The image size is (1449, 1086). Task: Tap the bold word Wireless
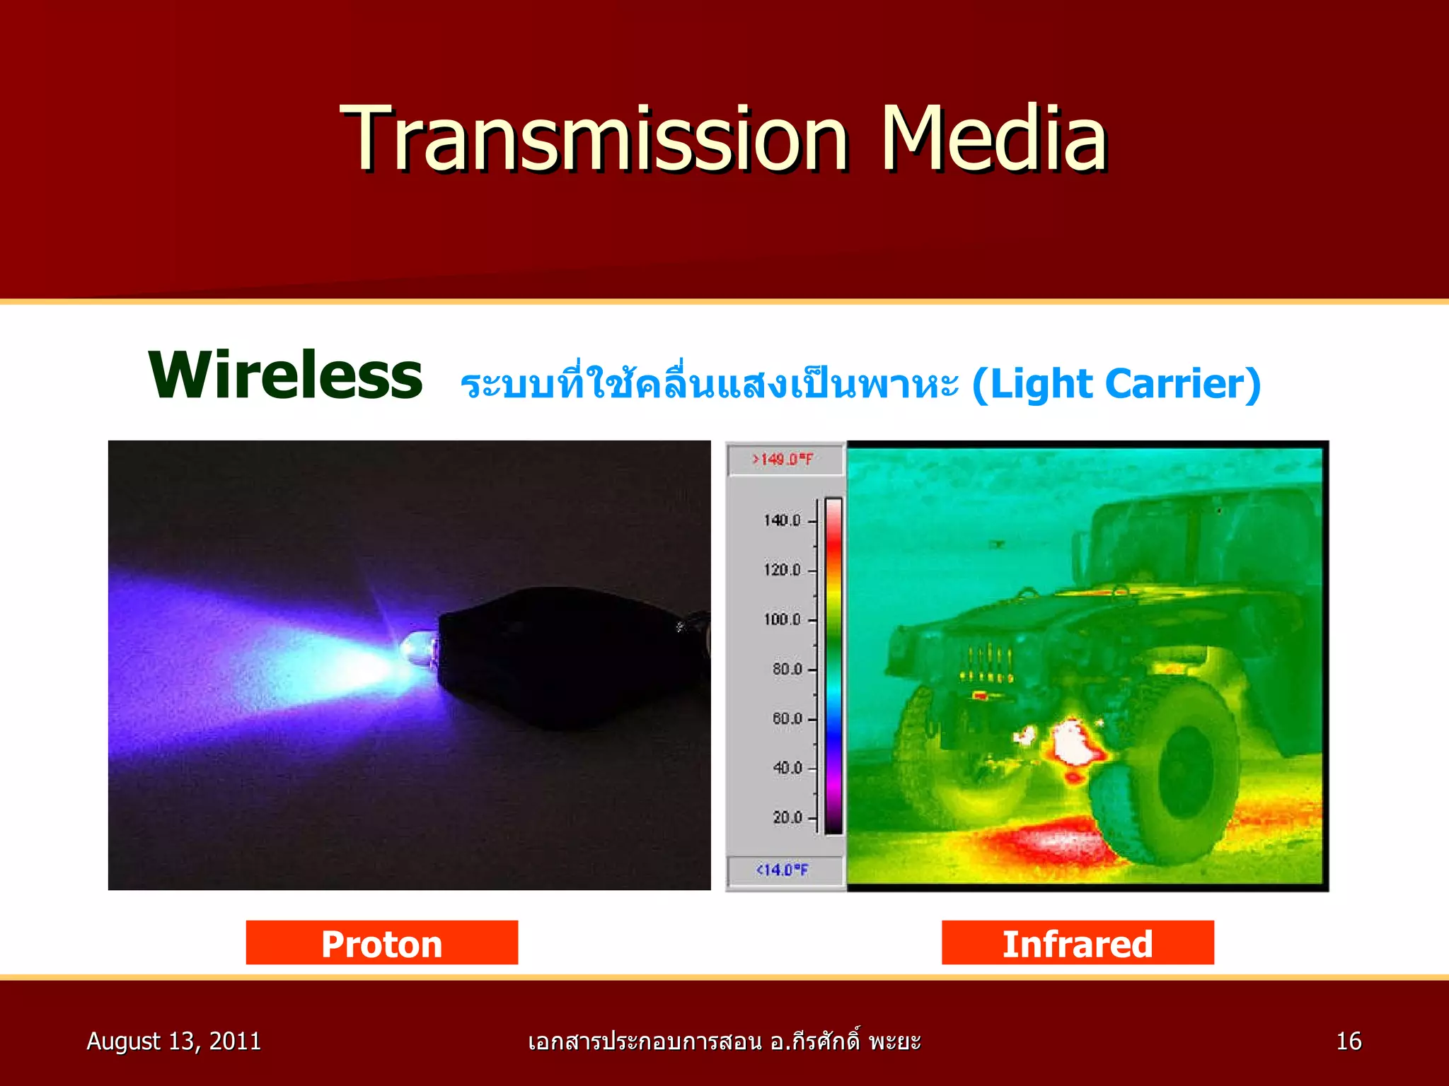pyautogui.click(x=285, y=375)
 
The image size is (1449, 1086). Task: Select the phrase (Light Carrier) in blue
pyautogui.click(x=1116, y=384)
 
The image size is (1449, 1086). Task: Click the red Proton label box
pyautogui.click(x=381, y=942)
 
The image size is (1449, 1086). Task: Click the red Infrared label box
pyautogui.click(x=1077, y=942)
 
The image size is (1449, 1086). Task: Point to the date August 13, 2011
pyautogui.click(x=173, y=1041)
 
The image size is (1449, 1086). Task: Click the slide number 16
pyautogui.click(x=1348, y=1041)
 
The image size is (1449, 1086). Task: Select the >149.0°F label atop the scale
pyautogui.click(x=783, y=460)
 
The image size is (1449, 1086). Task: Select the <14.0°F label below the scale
pyautogui.click(x=783, y=870)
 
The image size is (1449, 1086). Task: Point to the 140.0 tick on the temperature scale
pyautogui.click(x=783, y=520)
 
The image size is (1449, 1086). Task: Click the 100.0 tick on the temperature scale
pyautogui.click(x=783, y=619)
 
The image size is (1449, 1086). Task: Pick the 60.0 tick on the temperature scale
pyautogui.click(x=787, y=718)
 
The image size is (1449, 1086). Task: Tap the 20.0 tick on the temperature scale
pyautogui.click(x=787, y=817)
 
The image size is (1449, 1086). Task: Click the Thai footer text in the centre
pyautogui.click(x=724, y=1041)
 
